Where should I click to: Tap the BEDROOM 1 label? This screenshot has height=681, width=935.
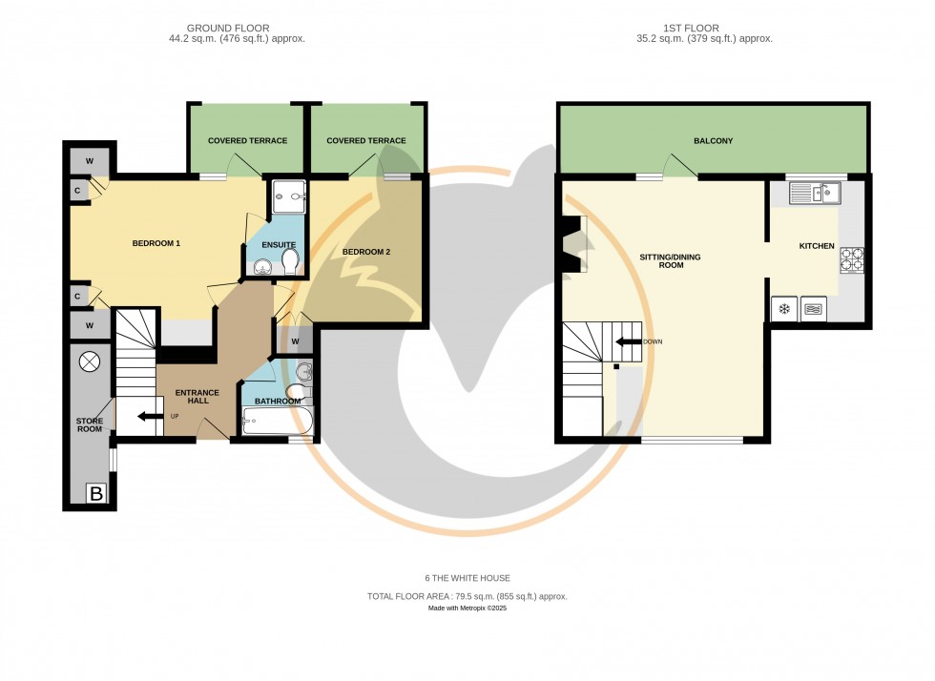(156, 244)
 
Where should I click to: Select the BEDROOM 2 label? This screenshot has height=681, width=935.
(366, 252)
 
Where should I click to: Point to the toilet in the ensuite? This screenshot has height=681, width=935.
(289, 260)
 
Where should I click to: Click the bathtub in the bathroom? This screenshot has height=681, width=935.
(277, 421)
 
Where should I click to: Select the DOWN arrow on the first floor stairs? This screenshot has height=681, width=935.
(629, 341)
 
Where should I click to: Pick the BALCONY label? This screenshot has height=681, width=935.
(713, 141)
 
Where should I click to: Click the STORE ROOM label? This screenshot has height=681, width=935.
(89, 424)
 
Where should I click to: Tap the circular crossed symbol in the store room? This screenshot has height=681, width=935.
(89, 362)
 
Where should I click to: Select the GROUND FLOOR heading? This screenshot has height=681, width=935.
(228, 29)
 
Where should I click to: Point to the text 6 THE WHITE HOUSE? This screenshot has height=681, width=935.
(467, 578)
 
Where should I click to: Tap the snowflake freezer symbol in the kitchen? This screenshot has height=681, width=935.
(784, 309)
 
